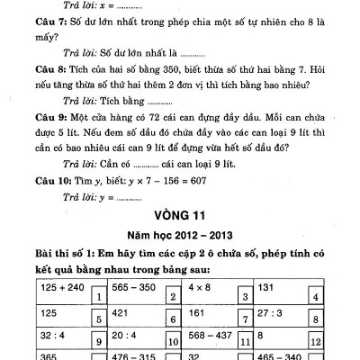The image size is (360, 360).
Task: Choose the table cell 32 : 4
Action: [54, 337]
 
